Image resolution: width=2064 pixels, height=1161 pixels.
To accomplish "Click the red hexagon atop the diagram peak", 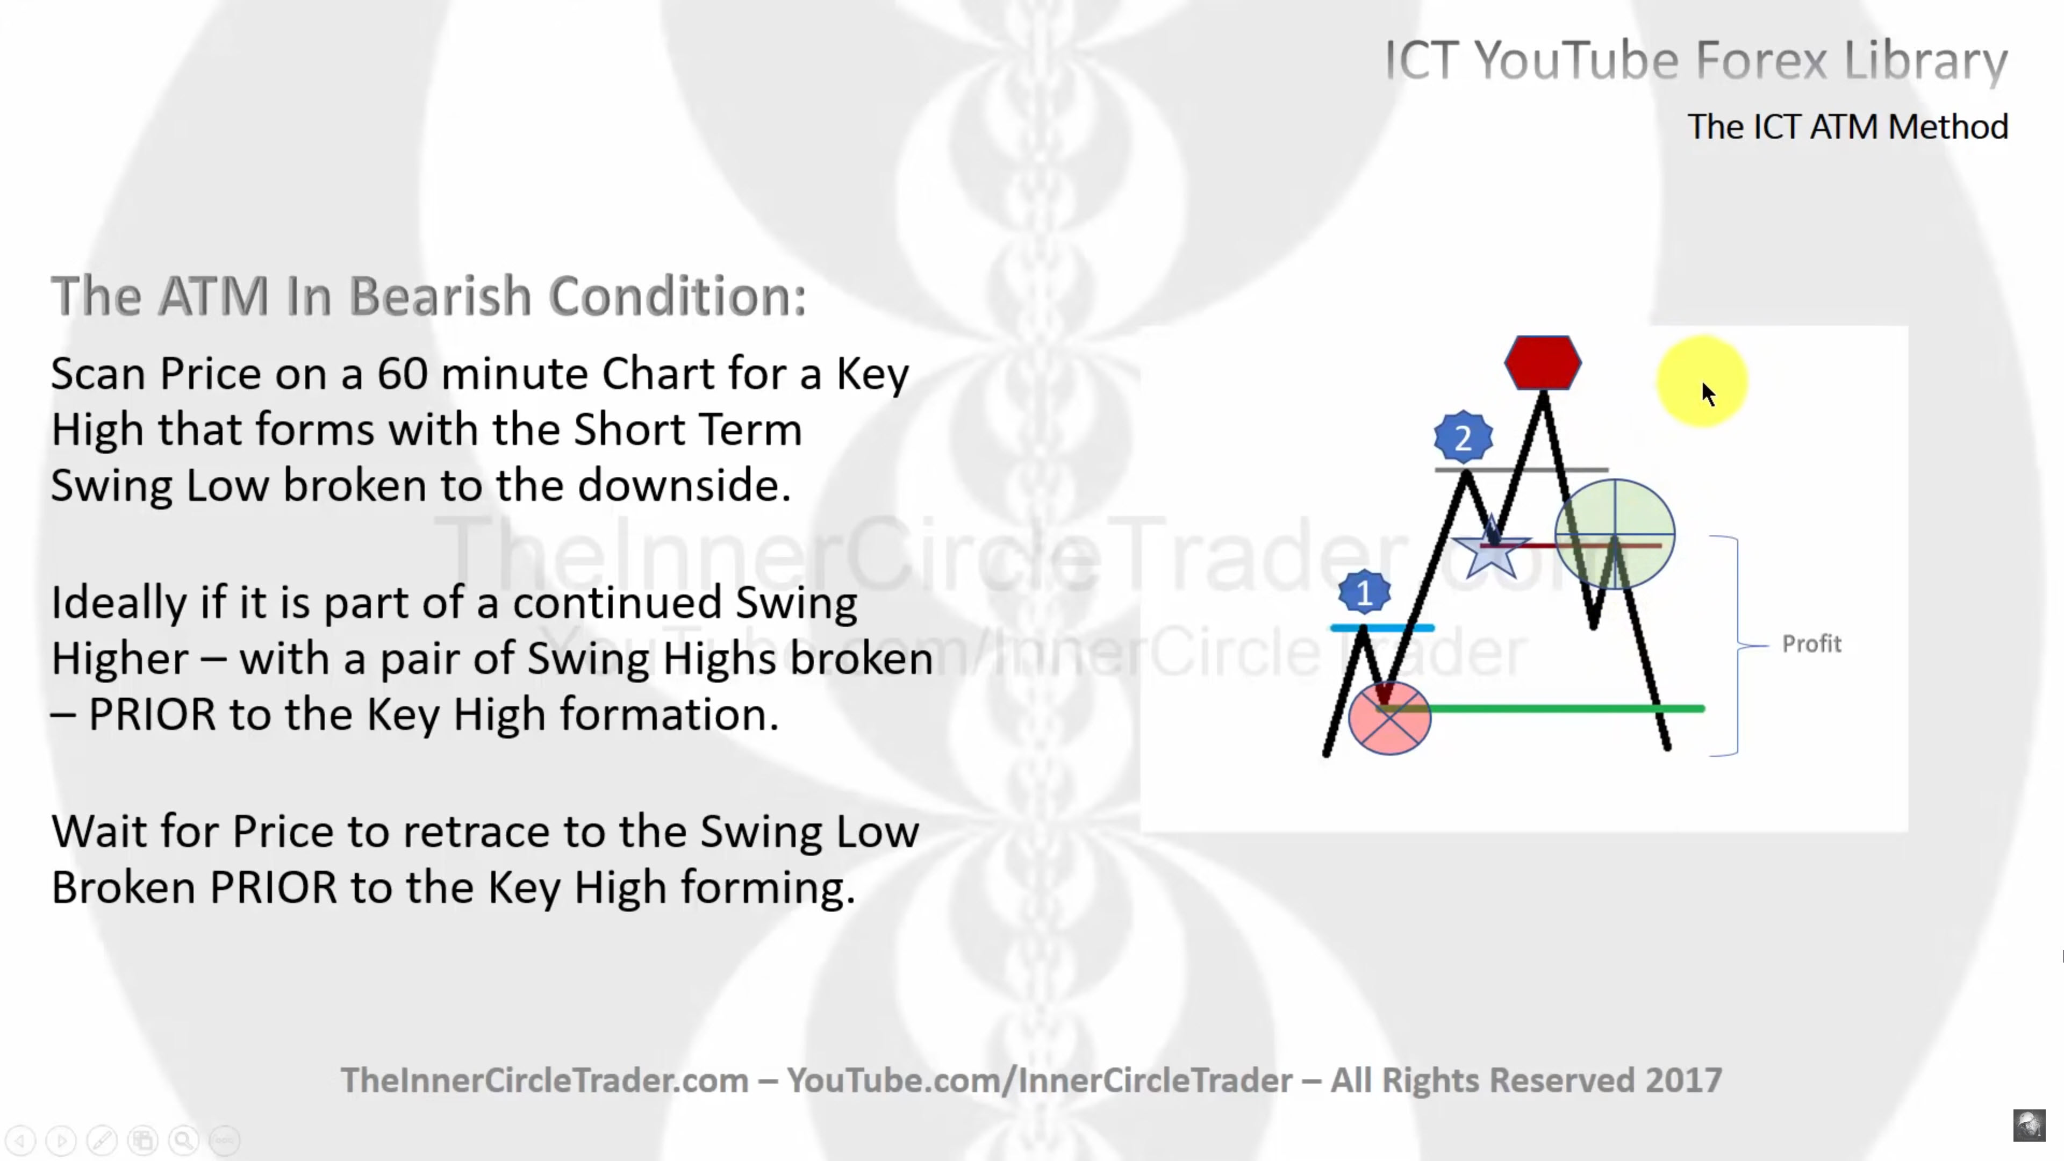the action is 1543,363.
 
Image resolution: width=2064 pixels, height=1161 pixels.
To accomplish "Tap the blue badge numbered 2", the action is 1463,438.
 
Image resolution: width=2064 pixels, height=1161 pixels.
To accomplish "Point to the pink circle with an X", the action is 1389,717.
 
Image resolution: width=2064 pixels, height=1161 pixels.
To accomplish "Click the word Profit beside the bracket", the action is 1811,643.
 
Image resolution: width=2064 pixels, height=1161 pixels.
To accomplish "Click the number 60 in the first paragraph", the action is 402,374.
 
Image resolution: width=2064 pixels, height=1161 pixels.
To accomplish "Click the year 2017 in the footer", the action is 1683,1080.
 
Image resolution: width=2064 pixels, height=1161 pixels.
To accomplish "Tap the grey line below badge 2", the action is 1521,470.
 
